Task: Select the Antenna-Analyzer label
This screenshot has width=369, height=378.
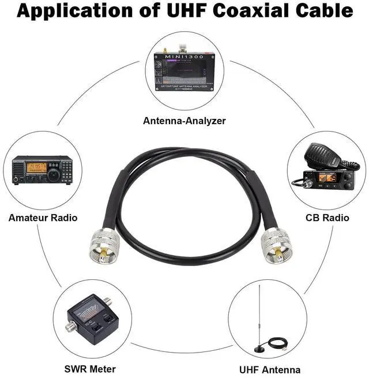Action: point(184,121)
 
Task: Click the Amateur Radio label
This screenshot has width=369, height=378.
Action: point(43,218)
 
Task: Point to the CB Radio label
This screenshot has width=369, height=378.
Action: point(327,218)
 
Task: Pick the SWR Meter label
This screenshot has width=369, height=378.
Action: point(90,369)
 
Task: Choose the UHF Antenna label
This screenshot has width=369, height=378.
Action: point(270,369)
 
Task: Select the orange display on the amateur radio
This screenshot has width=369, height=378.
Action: point(37,167)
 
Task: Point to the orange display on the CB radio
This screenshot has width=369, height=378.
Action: point(336,178)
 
